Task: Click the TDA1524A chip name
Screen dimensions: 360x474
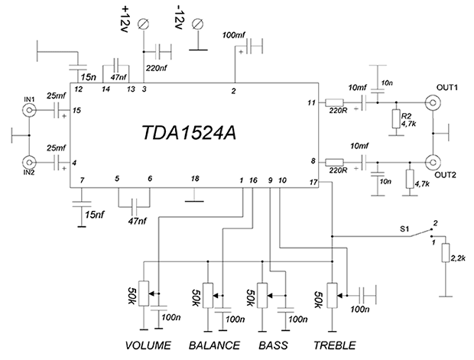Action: [190, 133]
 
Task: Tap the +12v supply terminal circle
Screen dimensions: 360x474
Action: [144, 25]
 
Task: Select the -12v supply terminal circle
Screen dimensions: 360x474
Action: [199, 25]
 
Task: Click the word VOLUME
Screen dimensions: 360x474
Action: [149, 343]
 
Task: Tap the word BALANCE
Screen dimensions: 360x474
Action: [213, 343]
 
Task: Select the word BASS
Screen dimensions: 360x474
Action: [273, 343]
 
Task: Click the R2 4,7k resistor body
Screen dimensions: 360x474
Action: [396, 118]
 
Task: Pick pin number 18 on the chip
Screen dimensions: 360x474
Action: [195, 179]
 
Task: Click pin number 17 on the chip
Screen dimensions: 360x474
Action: [313, 182]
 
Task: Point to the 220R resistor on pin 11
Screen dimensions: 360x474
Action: [334, 102]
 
